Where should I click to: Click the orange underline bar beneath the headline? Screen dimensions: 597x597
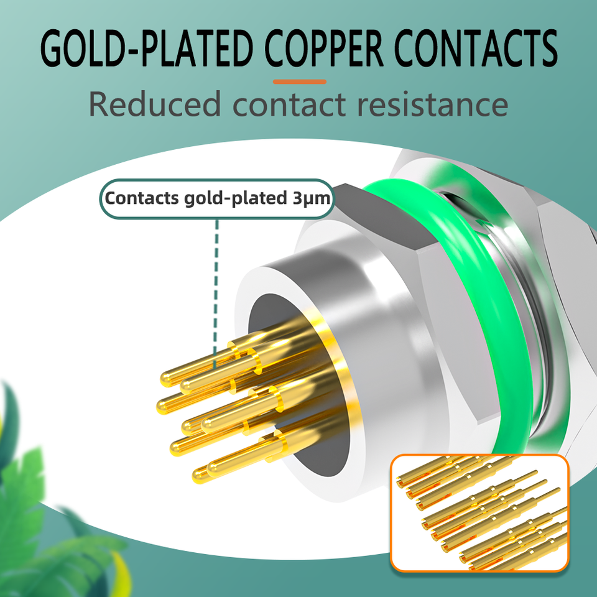[300, 81]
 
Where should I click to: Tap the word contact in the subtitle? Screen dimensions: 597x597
[290, 104]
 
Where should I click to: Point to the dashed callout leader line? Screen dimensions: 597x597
[216, 280]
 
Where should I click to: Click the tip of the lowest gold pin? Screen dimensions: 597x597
[200, 476]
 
